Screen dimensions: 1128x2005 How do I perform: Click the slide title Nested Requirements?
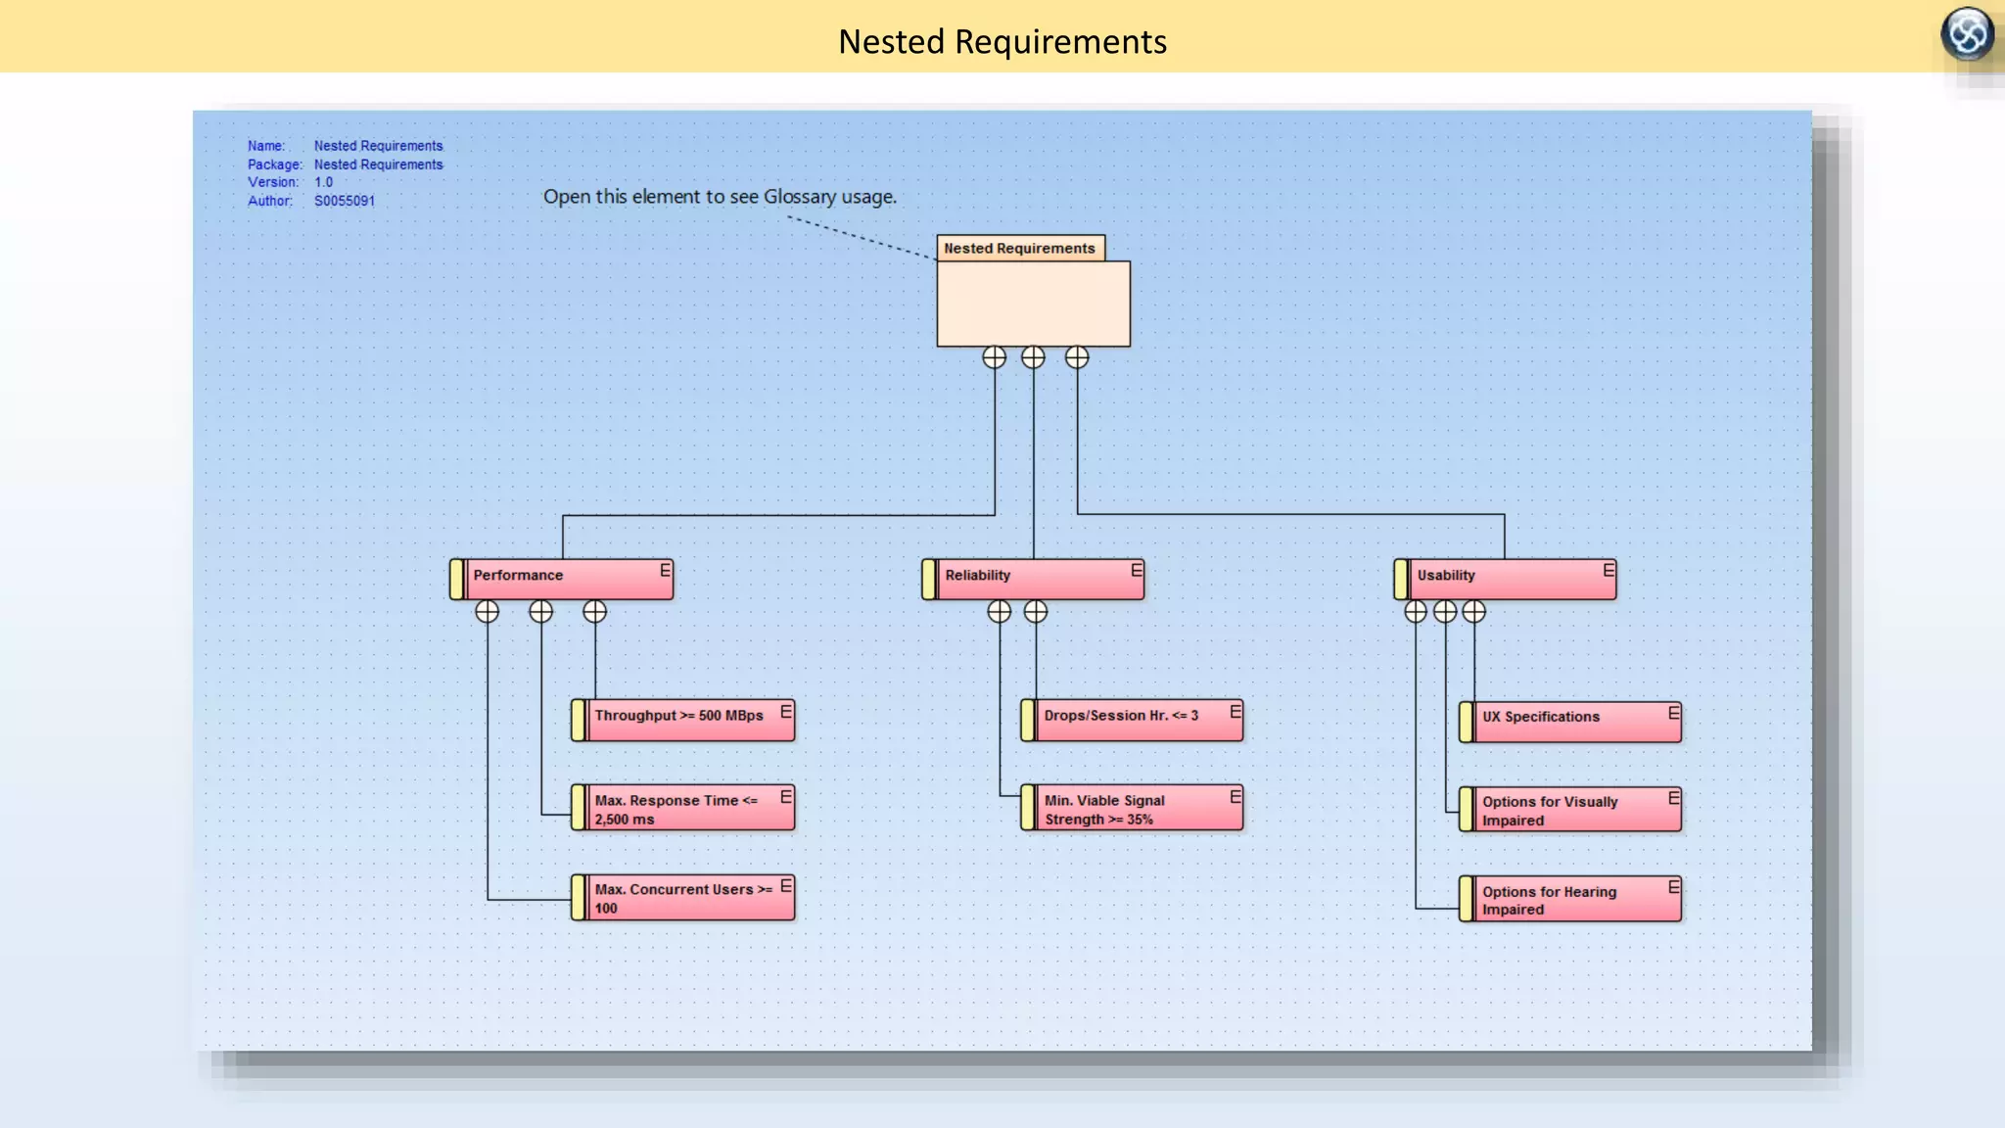tap(1002, 41)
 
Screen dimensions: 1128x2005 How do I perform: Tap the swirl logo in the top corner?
tap(1967, 34)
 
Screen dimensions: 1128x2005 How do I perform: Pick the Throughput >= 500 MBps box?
tap(682, 720)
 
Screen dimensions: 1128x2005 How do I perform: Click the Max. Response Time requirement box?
tap(682, 809)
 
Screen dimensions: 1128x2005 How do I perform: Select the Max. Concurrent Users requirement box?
tap(682, 898)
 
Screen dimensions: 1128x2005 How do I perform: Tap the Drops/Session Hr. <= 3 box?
tap(1132, 720)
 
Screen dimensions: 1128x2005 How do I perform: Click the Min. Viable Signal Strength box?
tap(1132, 809)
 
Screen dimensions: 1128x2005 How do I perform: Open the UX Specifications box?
tap(1570, 721)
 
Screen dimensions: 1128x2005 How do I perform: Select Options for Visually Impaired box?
tap(1570, 810)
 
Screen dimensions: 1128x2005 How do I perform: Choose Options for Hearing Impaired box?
tap(1570, 899)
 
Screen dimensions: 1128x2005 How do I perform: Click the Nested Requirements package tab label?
tap(1019, 249)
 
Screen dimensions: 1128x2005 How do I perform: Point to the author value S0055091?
tap(345, 201)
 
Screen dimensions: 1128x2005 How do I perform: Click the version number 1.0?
tap(323, 182)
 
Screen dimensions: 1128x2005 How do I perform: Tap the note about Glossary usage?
tap(720, 197)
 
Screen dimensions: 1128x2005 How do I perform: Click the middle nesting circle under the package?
tap(1033, 357)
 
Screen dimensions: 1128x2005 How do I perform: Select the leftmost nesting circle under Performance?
tap(487, 612)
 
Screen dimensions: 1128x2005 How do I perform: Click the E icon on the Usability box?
tap(1609, 570)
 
